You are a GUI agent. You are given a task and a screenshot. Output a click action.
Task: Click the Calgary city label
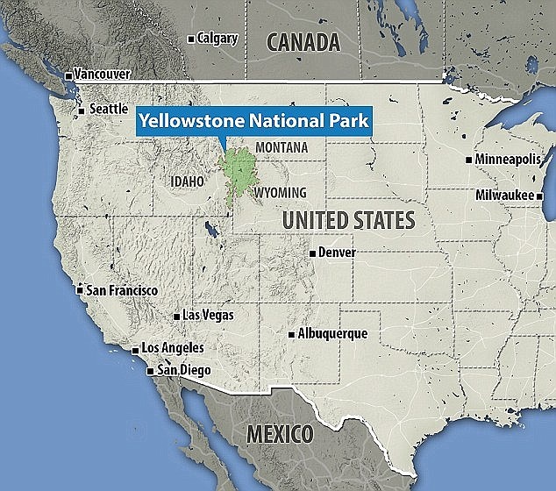tap(218, 38)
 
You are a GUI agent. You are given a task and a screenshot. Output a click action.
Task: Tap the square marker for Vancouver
tap(69, 75)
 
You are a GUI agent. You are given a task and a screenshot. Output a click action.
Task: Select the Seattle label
tap(108, 110)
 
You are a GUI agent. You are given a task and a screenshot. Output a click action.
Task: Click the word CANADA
tap(303, 41)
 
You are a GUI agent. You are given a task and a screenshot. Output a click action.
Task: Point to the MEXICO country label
tap(279, 433)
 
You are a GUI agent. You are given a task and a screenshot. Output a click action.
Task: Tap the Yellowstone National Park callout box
tap(252, 120)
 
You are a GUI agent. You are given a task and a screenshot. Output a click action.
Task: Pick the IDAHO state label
tap(187, 181)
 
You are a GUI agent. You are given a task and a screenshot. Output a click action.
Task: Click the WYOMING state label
tap(280, 193)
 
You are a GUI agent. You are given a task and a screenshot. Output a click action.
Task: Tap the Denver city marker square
tap(312, 253)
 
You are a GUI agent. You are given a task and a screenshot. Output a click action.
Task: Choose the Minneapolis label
tap(509, 160)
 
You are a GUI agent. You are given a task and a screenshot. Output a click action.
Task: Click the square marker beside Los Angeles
tap(135, 351)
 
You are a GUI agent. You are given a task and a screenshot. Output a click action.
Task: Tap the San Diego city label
tap(183, 370)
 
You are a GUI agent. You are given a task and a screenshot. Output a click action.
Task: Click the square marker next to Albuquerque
tap(291, 334)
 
